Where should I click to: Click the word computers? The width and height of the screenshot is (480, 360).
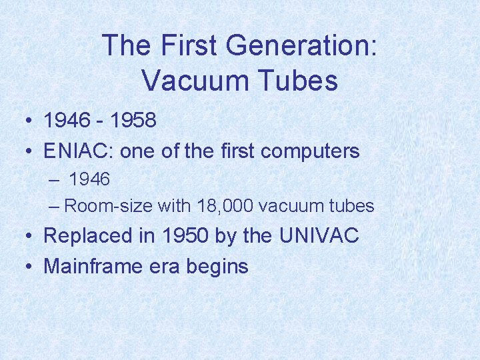pos(310,151)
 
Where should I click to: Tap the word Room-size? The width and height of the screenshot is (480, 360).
pos(109,206)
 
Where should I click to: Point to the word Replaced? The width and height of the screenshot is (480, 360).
pos(86,236)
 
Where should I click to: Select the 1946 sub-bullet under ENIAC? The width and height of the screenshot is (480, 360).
pos(89,179)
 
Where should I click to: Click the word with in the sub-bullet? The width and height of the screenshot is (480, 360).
pos(173,206)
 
